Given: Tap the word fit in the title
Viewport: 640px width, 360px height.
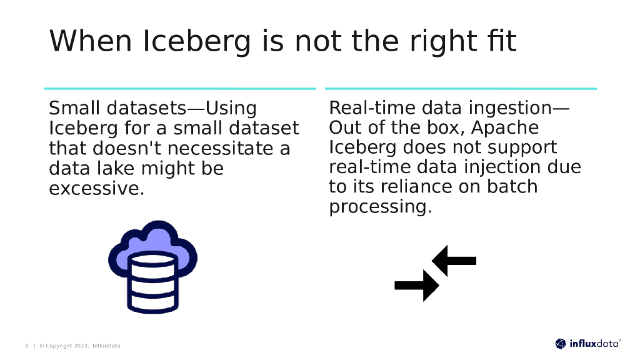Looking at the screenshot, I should [x=499, y=41].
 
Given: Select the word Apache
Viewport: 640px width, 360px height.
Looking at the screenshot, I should [x=505, y=127].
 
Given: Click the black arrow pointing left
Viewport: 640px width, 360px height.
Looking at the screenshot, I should [x=454, y=261].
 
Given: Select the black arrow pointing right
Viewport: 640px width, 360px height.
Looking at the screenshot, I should [x=417, y=286].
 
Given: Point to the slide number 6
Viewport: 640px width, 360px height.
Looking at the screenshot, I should [x=27, y=346].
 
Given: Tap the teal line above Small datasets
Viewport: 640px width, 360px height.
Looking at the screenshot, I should [x=180, y=89].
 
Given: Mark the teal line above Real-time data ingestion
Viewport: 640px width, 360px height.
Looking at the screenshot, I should [x=461, y=89].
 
